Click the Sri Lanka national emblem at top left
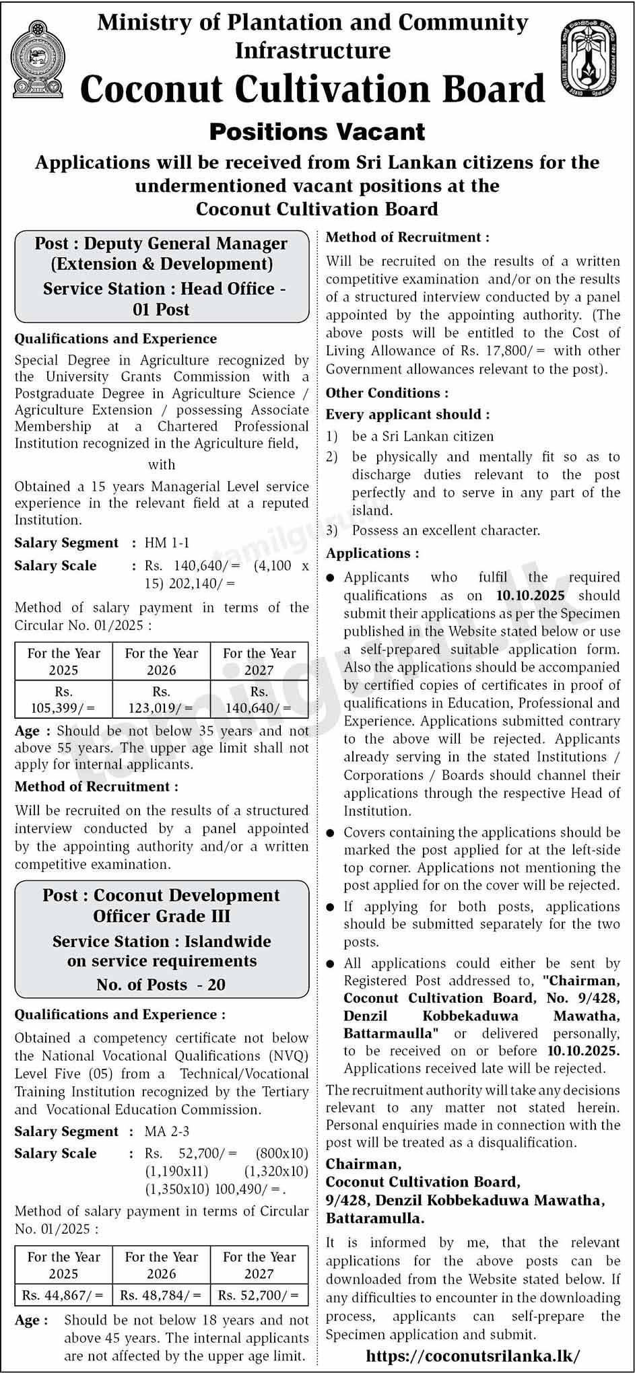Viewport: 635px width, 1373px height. [x=38, y=59]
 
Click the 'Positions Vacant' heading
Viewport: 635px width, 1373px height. [x=317, y=131]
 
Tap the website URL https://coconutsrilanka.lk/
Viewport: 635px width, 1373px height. [x=473, y=1356]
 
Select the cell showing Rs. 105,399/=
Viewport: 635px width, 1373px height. [x=63, y=699]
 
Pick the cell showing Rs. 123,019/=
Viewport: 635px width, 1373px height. [x=161, y=699]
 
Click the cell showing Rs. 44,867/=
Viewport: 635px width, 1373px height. [x=63, y=1295]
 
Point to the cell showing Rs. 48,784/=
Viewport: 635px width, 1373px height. [x=161, y=1295]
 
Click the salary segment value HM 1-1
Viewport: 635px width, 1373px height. [x=167, y=542]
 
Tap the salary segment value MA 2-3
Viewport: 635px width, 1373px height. [x=167, y=1131]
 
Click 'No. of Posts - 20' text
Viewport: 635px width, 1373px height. [x=161, y=985]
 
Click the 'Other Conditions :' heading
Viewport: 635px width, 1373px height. [x=387, y=393]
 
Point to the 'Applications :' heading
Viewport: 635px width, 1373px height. [x=372, y=553]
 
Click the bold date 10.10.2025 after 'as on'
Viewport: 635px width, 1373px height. [x=530, y=595]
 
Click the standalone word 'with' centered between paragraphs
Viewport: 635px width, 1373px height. [x=162, y=464]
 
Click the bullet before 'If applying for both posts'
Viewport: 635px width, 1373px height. [x=331, y=907]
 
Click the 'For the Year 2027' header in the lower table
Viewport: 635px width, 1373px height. [x=259, y=1265]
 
